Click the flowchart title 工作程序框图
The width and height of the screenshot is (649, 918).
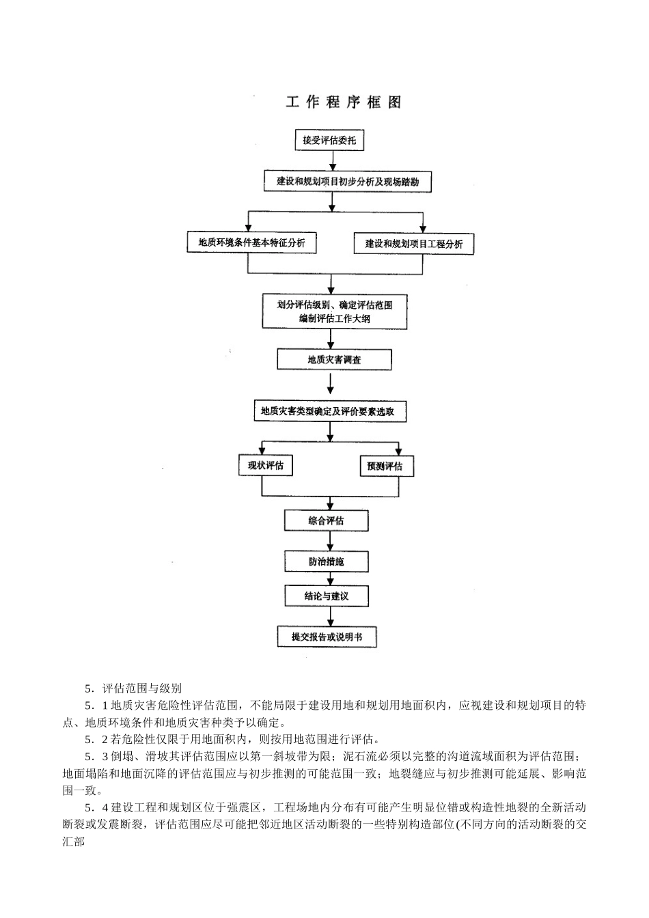click(344, 102)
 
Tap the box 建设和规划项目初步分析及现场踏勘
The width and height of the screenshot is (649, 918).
click(347, 182)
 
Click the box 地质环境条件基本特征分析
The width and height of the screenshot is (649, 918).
click(251, 242)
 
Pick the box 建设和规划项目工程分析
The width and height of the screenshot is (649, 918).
click(413, 244)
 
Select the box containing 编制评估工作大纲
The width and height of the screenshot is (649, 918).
click(334, 311)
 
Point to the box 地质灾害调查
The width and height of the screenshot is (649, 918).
click(334, 359)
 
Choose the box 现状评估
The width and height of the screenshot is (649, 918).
click(265, 466)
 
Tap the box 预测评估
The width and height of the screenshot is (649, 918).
click(387, 467)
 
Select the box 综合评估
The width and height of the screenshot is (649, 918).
click(326, 521)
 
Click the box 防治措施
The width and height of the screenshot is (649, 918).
click(326, 561)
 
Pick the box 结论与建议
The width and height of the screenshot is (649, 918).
click(326, 596)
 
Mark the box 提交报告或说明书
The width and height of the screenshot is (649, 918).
click(327, 637)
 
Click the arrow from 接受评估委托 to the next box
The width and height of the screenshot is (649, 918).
click(333, 161)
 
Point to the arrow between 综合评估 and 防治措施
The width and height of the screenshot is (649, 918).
click(330, 542)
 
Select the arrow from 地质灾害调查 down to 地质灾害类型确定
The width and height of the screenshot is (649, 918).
click(331, 385)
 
